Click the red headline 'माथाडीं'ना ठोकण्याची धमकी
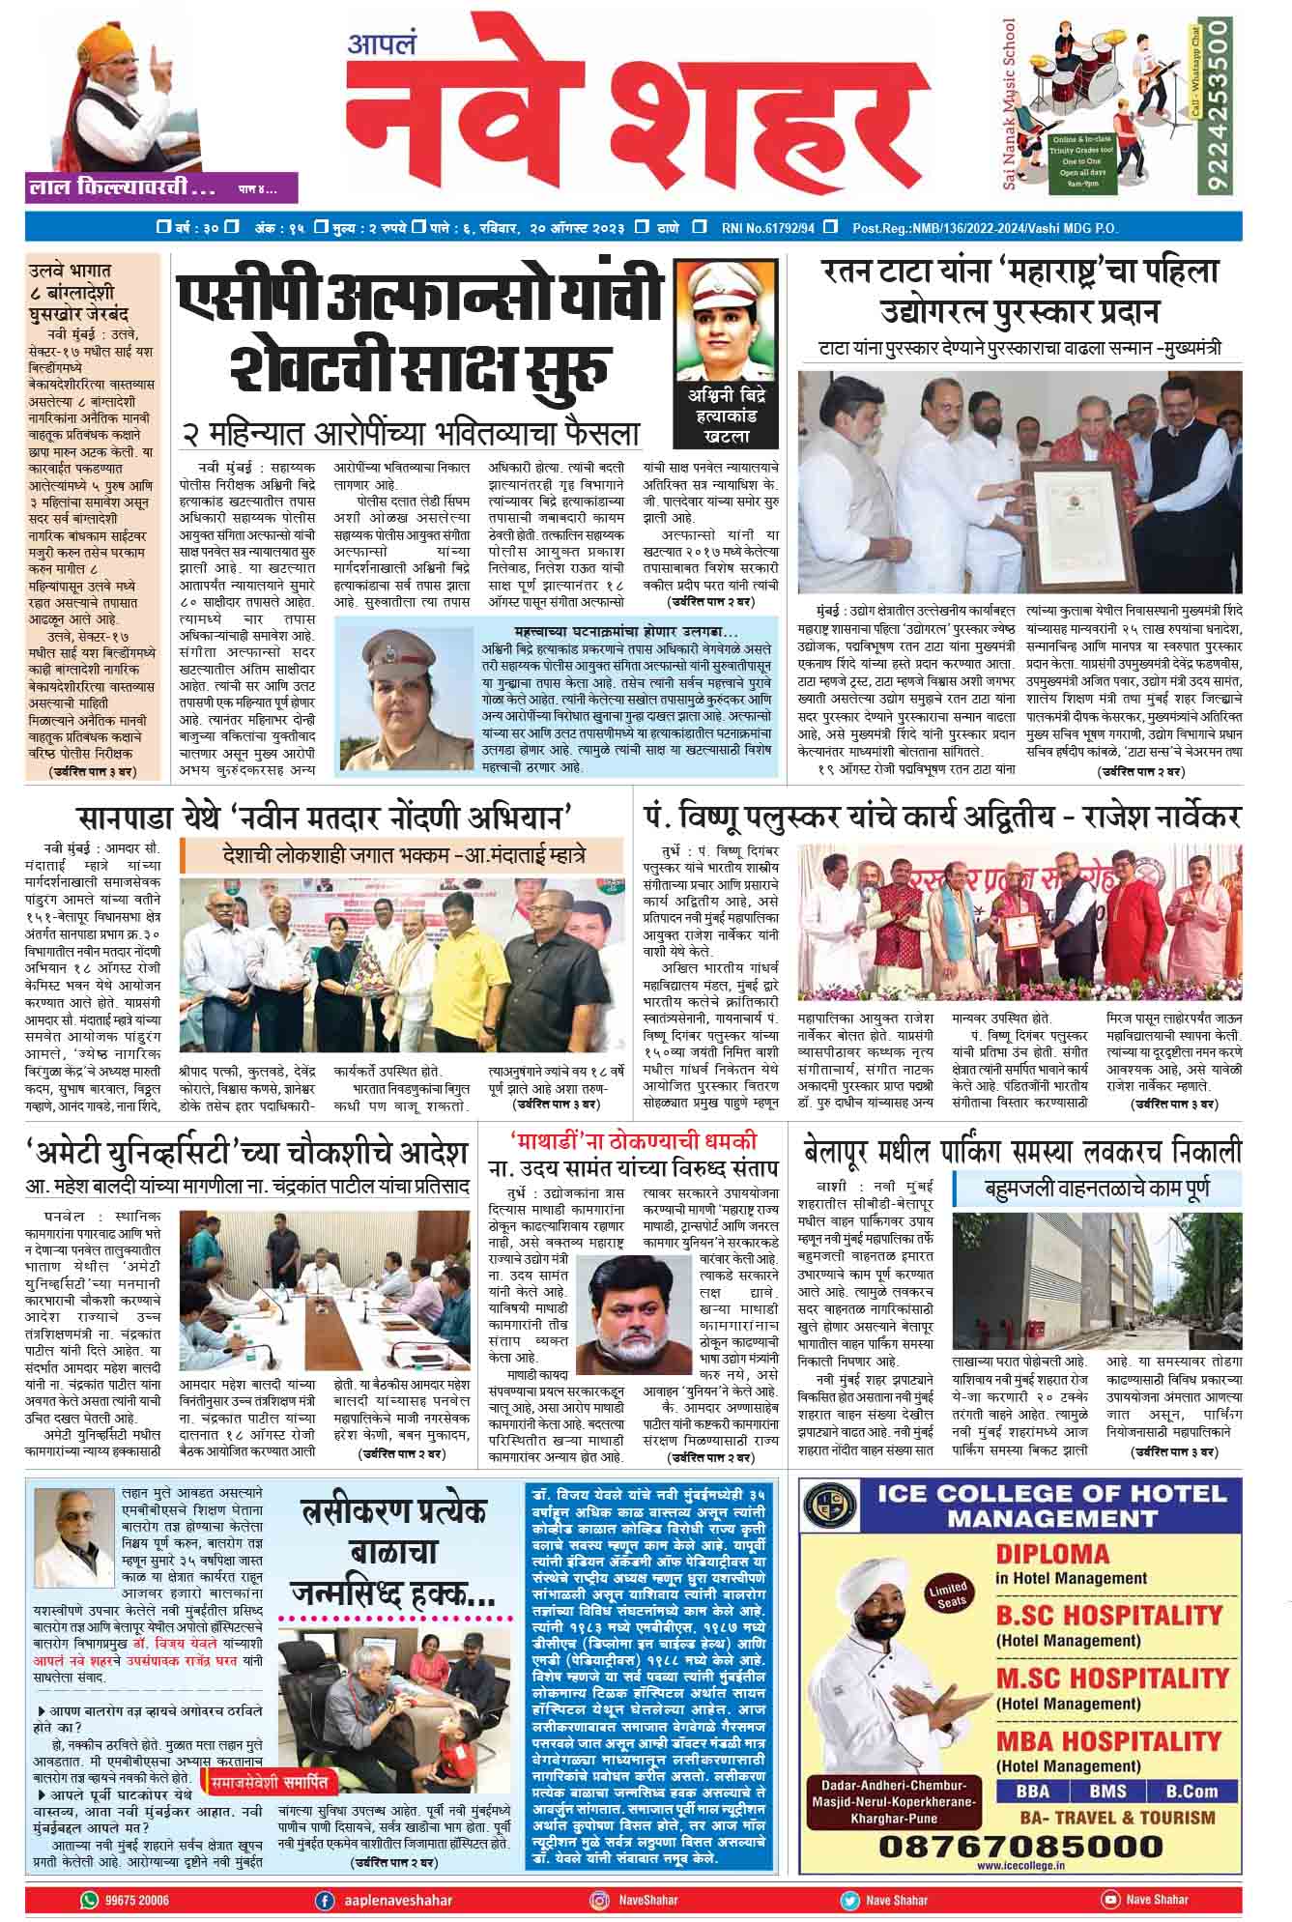[634, 1137]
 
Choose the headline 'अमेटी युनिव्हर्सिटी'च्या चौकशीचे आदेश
[248, 1151]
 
